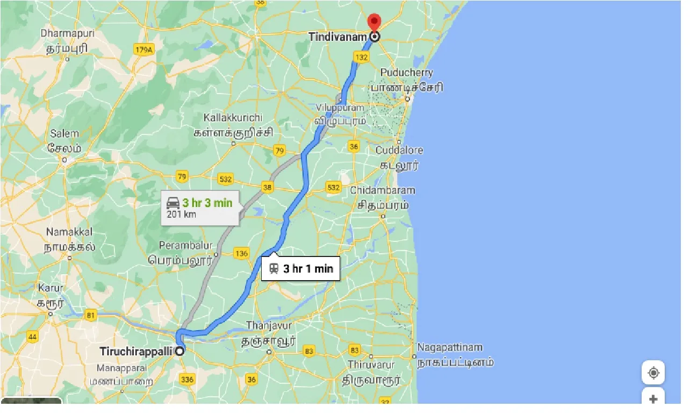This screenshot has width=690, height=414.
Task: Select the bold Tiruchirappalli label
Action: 136,352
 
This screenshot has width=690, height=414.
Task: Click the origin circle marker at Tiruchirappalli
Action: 179,351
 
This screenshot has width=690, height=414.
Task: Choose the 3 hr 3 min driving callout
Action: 200,208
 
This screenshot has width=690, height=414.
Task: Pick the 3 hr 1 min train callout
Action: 301,268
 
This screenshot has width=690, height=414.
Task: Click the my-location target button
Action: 653,373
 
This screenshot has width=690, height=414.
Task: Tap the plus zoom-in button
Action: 653,399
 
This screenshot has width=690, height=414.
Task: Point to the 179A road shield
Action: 143,50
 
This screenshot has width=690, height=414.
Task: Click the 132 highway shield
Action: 362,57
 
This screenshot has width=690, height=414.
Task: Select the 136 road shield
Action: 242,253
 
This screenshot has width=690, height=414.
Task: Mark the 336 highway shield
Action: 187,380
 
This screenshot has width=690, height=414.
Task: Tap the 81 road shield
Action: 91,315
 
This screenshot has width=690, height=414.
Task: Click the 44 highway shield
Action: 33,337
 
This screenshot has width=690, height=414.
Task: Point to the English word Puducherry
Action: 406,73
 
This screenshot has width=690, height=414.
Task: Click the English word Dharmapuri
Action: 67,33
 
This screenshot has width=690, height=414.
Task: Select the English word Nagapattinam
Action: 450,347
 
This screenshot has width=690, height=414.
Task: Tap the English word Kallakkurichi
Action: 233,118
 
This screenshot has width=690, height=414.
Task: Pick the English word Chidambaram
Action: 382,190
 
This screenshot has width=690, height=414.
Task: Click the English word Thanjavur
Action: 269,326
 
